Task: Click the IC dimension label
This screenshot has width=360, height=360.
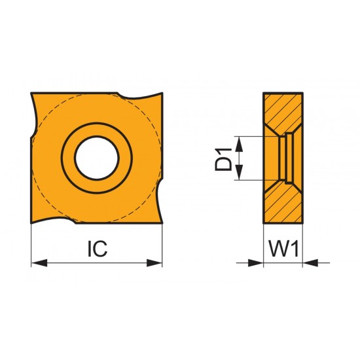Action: [x=97, y=249]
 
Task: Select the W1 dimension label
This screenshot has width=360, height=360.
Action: [x=283, y=249]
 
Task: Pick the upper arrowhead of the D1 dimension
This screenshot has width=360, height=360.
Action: [x=241, y=142]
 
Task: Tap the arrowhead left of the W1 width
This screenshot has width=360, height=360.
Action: [x=257, y=263]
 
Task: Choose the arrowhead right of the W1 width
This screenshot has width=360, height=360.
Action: [x=309, y=263]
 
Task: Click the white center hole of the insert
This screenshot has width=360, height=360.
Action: [x=97, y=158]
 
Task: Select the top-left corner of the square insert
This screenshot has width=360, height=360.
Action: [x=33, y=94]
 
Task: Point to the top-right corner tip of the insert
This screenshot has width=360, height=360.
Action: [x=162, y=93]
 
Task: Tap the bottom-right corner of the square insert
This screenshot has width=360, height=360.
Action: [x=161, y=223]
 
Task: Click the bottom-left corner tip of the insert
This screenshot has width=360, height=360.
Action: [x=32, y=224]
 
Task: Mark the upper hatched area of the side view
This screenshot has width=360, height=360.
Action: [x=288, y=111]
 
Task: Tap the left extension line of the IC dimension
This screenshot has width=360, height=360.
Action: [x=31, y=245]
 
